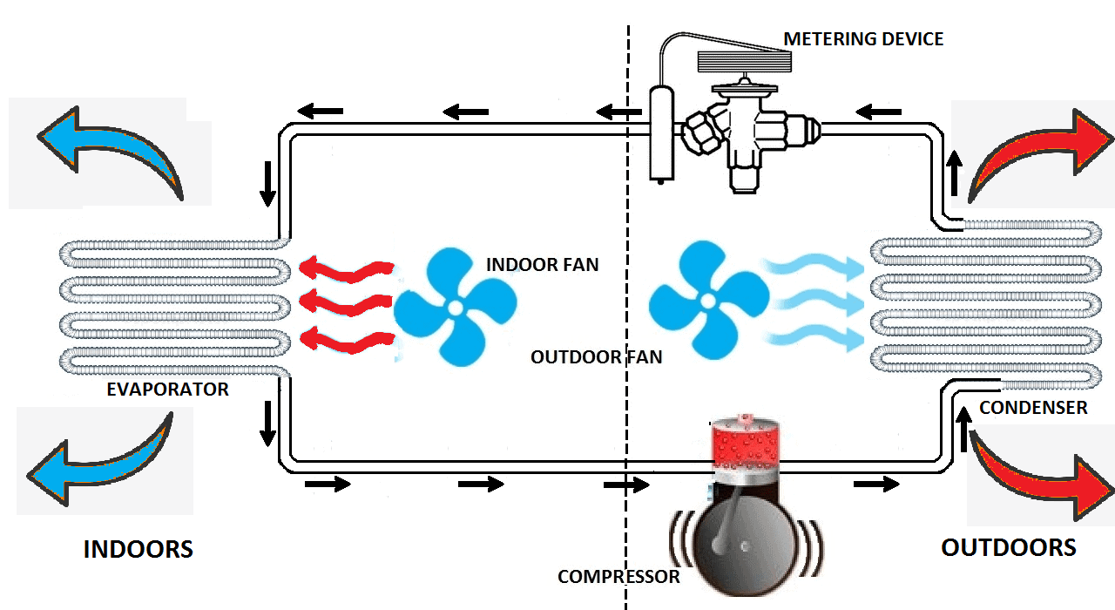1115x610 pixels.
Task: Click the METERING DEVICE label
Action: click(x=862, y=39)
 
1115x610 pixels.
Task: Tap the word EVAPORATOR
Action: click(x=167, y=390)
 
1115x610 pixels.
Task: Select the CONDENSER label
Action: click(x=1033, y=407)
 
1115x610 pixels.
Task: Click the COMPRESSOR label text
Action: click(x=618, y=576)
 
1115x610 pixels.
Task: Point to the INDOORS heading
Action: click(x=138, y=550)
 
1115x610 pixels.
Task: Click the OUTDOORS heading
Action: click(x=1009, y=547)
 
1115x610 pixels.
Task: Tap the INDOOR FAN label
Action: click(x=542, y=264)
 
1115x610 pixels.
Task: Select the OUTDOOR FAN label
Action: click(x=596, y=356)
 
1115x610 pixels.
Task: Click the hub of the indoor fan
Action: click(x=455, y=306)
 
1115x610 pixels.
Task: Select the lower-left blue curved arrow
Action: click(x=100, y=466)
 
